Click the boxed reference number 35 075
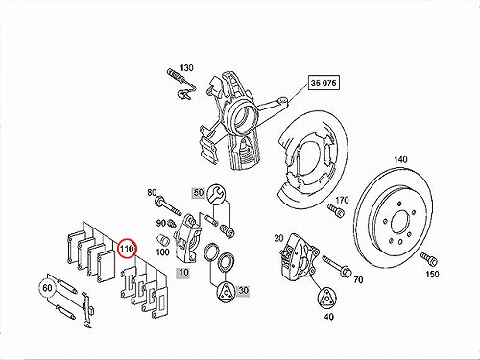coord(324,83)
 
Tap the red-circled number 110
coord(127,249)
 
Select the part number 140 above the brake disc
coord(400,159)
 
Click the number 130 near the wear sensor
coord(186,68)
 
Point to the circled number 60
coord(47,288)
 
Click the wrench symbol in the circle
coord(216,194)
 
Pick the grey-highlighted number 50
coord(199,193)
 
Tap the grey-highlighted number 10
coord(183,273)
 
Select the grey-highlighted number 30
coord(243,291)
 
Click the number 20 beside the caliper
coord(278,238)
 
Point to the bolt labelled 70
coord(337,267)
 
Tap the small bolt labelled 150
coord(428,259)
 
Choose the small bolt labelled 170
coord(336,210)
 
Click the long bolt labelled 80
coord(168,206)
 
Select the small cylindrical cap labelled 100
coord(162,240)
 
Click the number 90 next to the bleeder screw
coord(160,223)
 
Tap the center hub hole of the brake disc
coord(399,222)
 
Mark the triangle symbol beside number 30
coord(226,292)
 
